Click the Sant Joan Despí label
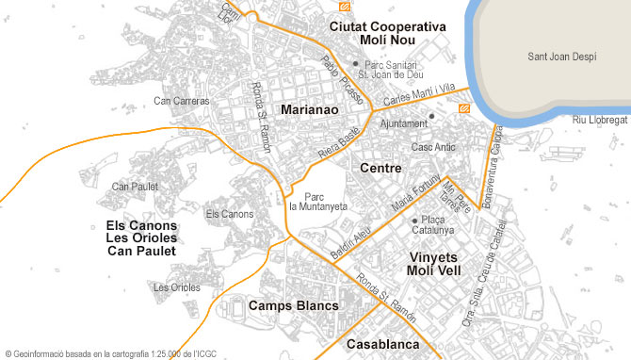(x=561, y=57)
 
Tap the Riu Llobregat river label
(x=600, y=121)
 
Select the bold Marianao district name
(x=309, y=109)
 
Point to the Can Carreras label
(x=182, y=101)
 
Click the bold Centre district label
(x=381, y=168)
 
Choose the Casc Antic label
(x=433, y=147)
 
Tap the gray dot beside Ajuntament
(x=431, y=116)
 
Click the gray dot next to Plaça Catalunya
(x=414, y=221)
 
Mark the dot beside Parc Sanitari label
(x=355, y=64)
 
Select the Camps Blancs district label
(x=293, y=305)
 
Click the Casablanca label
(x=382, y=344)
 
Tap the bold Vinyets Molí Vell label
(x=433, y=264)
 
